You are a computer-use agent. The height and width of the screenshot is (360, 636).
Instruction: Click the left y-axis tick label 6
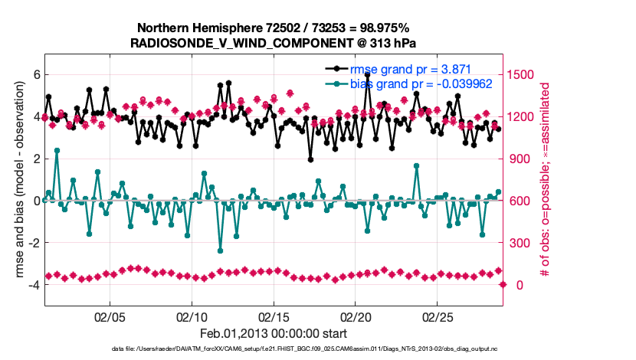pyautogui.click(x=35, y=75)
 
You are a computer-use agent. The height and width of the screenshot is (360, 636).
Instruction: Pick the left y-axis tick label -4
pyautogui.click(x=33, y=285)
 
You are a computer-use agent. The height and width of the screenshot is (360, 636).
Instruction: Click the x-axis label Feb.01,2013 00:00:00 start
pyautogui.click(x=274, y=334)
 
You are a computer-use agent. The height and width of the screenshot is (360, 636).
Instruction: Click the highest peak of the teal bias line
pyautogui.click(x=57, y=150)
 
